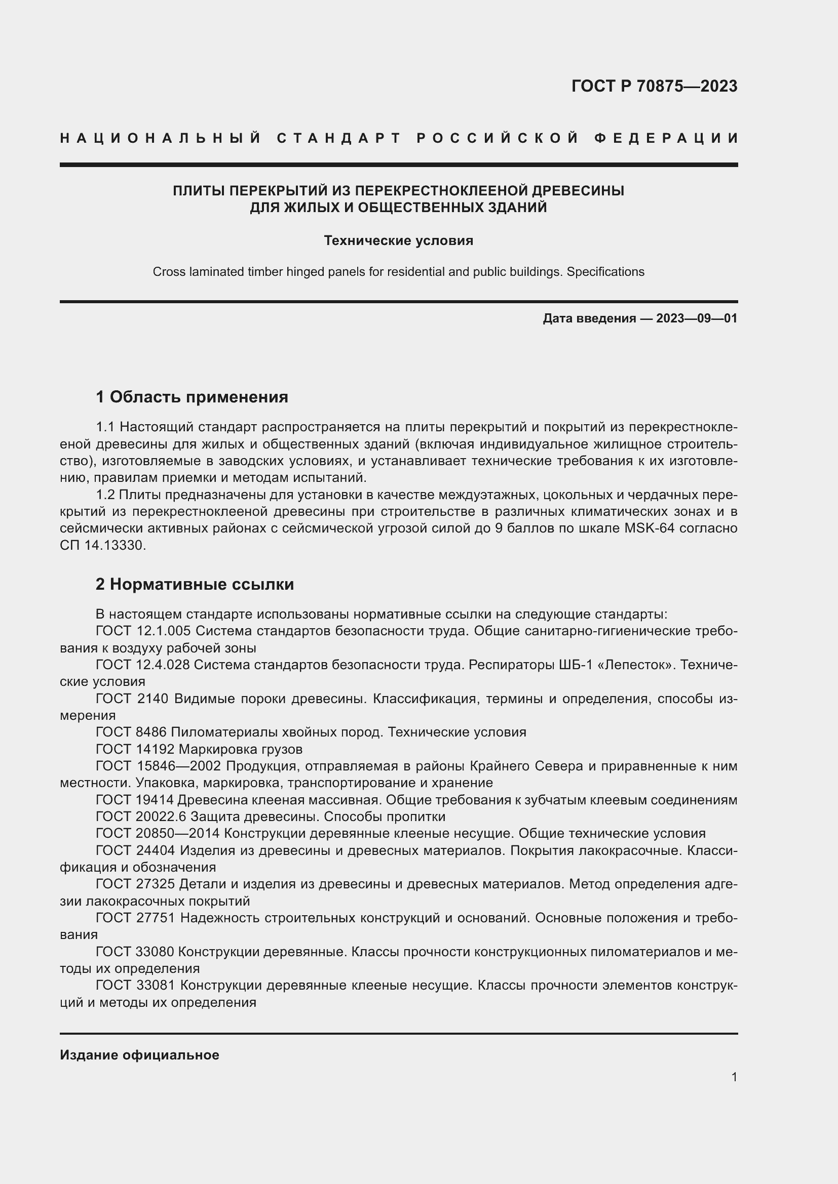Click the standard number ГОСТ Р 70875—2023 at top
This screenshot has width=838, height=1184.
pos(654,86)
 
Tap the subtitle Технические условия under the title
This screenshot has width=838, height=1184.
pos(398,241)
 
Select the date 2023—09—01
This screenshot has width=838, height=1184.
pos(697,318)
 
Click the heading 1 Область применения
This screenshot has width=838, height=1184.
pos(192,397)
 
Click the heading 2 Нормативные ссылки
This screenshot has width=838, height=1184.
pos(195,584)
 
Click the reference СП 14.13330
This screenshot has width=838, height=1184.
pos(102,546)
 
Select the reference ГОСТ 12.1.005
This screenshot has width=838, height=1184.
pos(143,631)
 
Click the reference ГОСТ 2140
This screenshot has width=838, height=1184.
pos(132,699)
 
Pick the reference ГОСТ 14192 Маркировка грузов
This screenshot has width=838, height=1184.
pos(199,749)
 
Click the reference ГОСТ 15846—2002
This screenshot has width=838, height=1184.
pos(159,766)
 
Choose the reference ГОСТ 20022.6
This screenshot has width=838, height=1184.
pos(141,817)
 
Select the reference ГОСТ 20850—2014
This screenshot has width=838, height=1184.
pos(158,834)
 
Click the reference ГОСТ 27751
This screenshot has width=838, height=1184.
pos(136,918)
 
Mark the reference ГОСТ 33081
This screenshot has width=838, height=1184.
pos(136,986)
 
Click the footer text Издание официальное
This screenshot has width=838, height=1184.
pos(139,1055)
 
